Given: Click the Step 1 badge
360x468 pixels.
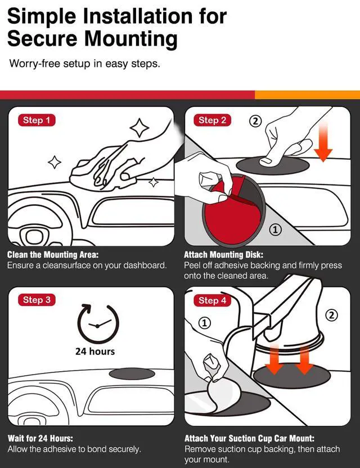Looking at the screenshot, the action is (37, 120).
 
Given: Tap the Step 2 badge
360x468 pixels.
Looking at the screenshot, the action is (212, 120).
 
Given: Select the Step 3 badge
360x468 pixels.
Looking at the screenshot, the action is (37, 300).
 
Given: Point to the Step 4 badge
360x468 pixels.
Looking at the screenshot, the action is (212, 300).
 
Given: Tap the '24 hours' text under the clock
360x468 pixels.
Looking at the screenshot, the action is (95, 352).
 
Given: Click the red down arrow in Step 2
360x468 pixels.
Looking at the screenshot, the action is (323, 143).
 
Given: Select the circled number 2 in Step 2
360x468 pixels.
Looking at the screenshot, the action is (255, 121).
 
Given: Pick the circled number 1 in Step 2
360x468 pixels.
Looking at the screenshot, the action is (275, 229).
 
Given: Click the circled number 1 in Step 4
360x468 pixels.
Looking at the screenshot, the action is (205, 323).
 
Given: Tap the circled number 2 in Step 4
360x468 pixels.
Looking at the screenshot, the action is (331, 315).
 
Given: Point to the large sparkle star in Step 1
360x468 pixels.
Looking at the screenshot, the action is (139, 128).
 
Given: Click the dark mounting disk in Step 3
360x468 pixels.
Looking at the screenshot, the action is (132, 374).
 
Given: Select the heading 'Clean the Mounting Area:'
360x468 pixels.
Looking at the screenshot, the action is (53, 255).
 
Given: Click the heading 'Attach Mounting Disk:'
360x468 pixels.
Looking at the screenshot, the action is (223, 255).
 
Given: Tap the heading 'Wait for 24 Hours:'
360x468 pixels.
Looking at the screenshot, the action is (40, 438).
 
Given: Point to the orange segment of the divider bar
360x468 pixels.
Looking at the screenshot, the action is (308, 95).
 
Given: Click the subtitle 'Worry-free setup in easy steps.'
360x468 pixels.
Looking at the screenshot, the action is (85, 64).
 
